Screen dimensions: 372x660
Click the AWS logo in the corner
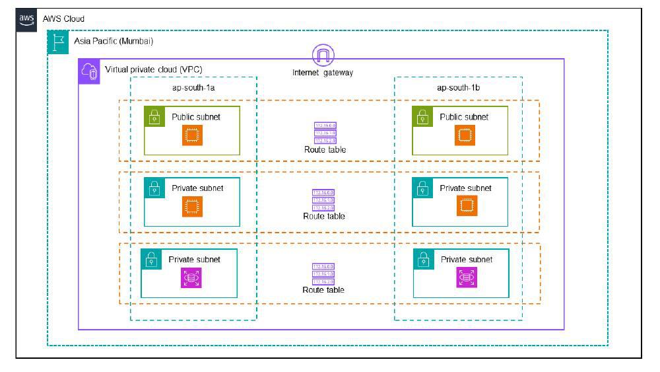click(26, 19)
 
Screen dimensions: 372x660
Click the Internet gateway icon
click(323, 55)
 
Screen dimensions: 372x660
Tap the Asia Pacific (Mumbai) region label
click(114, 41)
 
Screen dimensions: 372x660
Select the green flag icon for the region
click(57, 43)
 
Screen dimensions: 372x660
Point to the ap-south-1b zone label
click(457, 87)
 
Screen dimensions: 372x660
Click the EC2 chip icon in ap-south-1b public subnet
click(465, 135)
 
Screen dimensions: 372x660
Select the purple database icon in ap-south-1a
click(191, 278)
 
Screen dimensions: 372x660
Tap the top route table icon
click(325, 133)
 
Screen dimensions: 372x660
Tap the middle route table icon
click(323, 200)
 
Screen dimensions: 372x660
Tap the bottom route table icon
click(323, 273)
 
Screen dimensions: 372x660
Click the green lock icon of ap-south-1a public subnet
click(154, 118)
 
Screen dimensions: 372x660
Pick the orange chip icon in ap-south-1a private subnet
click(193, 207)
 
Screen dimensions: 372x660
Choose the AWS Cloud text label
click(63, 19)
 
